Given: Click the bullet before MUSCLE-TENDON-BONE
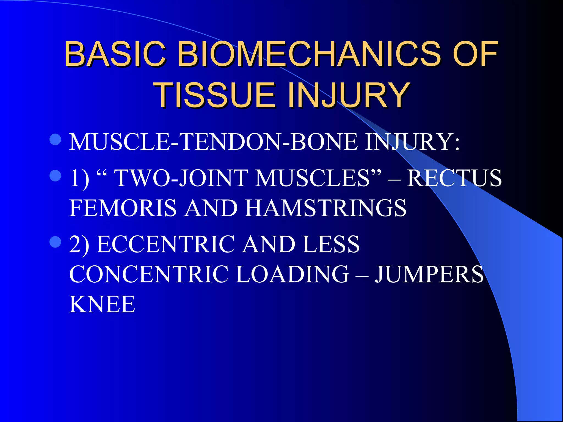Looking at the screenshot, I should coord(55,139).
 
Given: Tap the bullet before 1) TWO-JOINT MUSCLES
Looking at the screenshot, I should coord(55,175).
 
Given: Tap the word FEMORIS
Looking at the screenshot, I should coord(123,208).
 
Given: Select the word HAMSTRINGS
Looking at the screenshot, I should coord(325,208).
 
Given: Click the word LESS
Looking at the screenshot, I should coord(331,244).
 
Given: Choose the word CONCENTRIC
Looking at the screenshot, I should coord(148,274).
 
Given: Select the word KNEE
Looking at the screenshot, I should coord(102,304).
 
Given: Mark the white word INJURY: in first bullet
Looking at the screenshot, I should coord(412,142).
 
